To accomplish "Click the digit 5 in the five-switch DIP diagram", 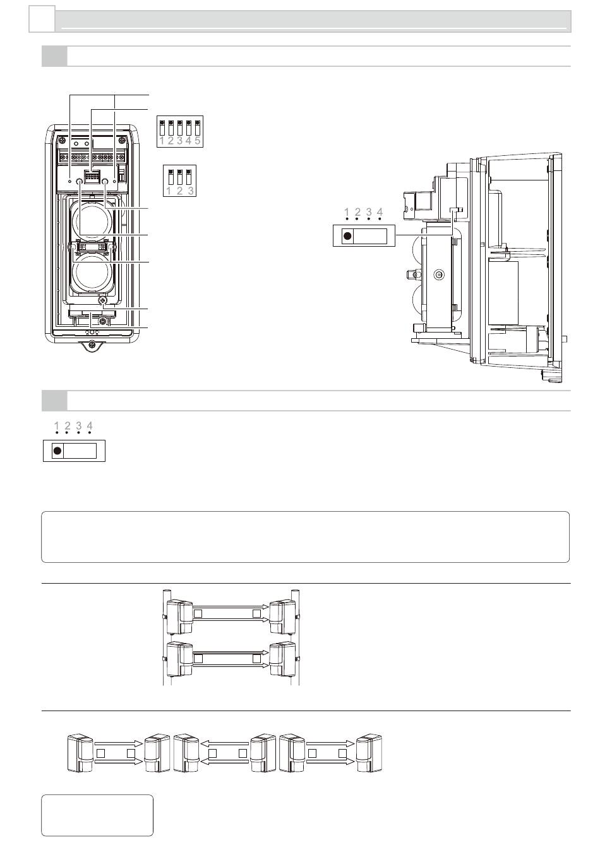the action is click(198, 140).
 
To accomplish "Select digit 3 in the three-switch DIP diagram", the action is click(191, 191).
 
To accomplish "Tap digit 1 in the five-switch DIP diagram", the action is click(162, 140).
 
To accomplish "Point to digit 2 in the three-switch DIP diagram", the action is click(179, 191).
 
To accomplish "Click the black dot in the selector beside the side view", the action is click(347, 236).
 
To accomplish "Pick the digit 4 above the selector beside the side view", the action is click(380, 212).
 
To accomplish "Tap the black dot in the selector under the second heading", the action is click(57, 451).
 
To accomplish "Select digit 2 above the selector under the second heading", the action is click(68, 425).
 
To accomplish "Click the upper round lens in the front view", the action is click(92, 221).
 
